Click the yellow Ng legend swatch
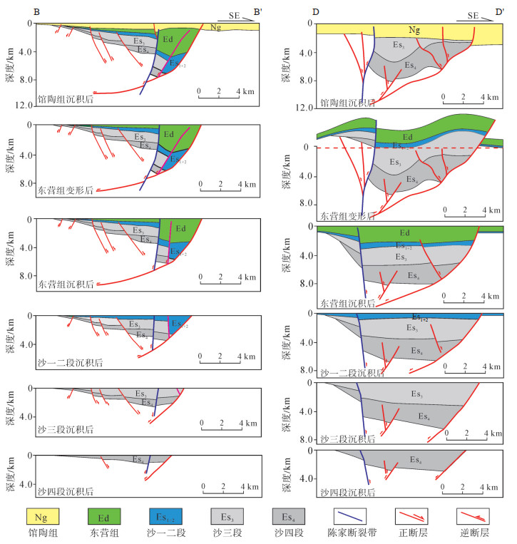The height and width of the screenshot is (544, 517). click(x=41, y=514)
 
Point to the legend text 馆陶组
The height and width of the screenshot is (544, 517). click(x=41, y=533)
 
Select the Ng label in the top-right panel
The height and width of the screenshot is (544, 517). click(x=414, y=29)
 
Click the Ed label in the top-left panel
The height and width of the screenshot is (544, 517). click(x=169, y=39)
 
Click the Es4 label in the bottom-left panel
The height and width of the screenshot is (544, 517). click(x=138, y=460)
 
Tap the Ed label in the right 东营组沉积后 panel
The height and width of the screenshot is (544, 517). click(x=404, y=232)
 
